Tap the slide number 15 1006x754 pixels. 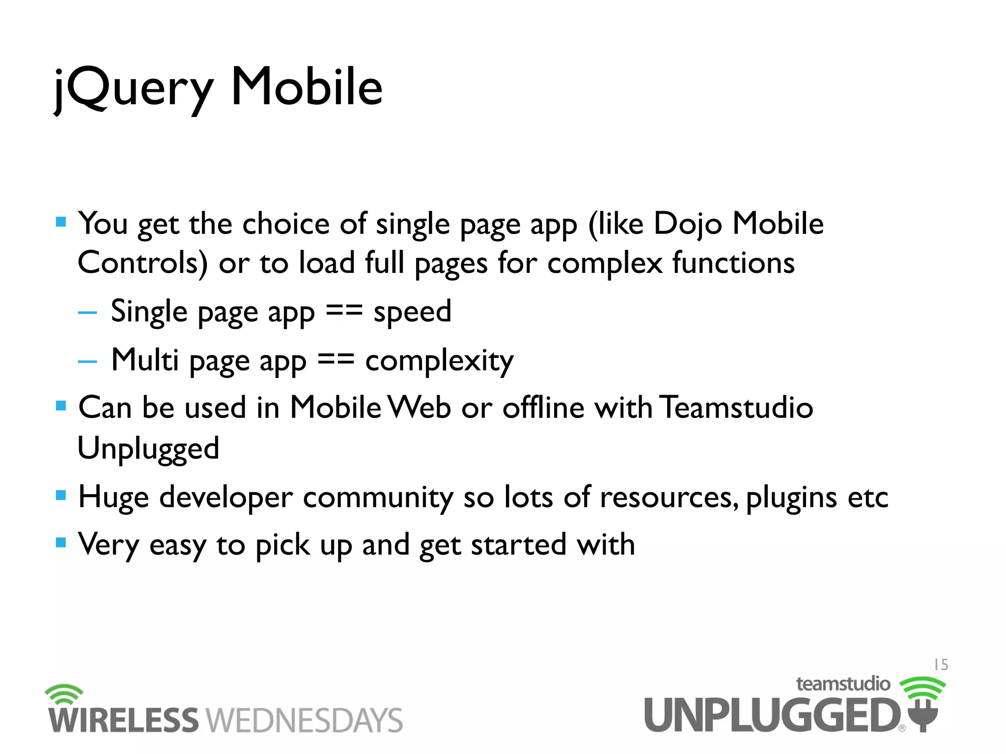941,665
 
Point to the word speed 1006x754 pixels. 412,312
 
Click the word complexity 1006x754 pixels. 439,361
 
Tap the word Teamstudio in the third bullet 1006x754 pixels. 736,407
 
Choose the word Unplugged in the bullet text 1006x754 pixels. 148,449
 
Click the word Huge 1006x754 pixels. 113,498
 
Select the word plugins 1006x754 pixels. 791,498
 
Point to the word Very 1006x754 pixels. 109,545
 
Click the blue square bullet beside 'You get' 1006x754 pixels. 61,222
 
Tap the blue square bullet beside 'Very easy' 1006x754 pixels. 61,542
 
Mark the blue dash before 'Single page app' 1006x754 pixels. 87,313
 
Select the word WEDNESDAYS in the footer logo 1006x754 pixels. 304,721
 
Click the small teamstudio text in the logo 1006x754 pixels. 843,684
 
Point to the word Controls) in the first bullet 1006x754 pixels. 142,263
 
